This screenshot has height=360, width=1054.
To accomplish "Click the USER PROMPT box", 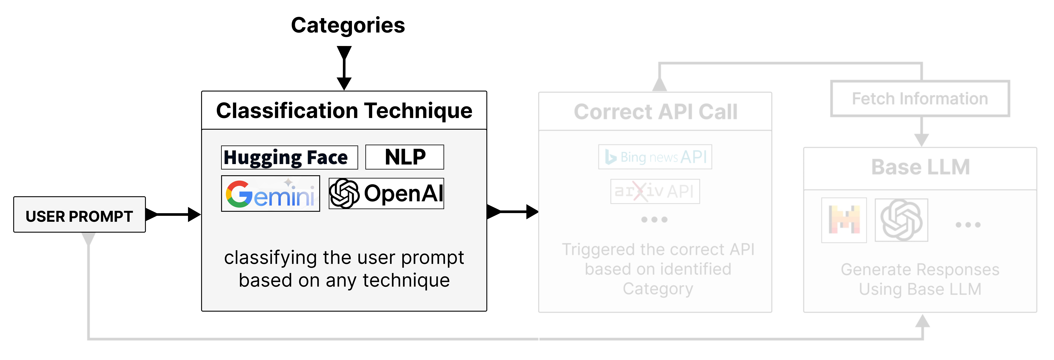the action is coord(79,215).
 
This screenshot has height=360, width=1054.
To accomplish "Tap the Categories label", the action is coord(348,25).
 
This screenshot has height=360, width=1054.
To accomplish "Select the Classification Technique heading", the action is coord(344,111).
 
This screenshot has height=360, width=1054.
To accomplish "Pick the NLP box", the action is coord(405,157).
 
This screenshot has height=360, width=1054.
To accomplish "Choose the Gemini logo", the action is coord(270,193).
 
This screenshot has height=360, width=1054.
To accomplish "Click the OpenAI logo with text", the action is coord(386,193).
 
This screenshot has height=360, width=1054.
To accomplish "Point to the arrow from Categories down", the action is coord(344,68).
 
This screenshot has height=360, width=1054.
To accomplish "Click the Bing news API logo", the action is coord(655,157).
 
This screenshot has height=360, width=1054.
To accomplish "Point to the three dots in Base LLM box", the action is coord(968,225).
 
